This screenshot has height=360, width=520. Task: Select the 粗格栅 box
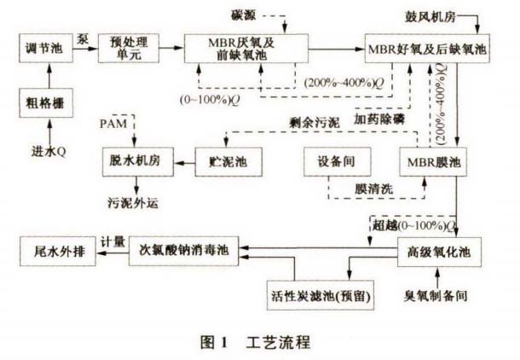click(43, 104)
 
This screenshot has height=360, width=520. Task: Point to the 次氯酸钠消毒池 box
click(189, 253)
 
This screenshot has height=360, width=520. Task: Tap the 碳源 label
click(266, 14)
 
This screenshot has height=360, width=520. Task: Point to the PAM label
click(111, 124)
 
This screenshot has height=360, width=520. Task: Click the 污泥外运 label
click(133, 204)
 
